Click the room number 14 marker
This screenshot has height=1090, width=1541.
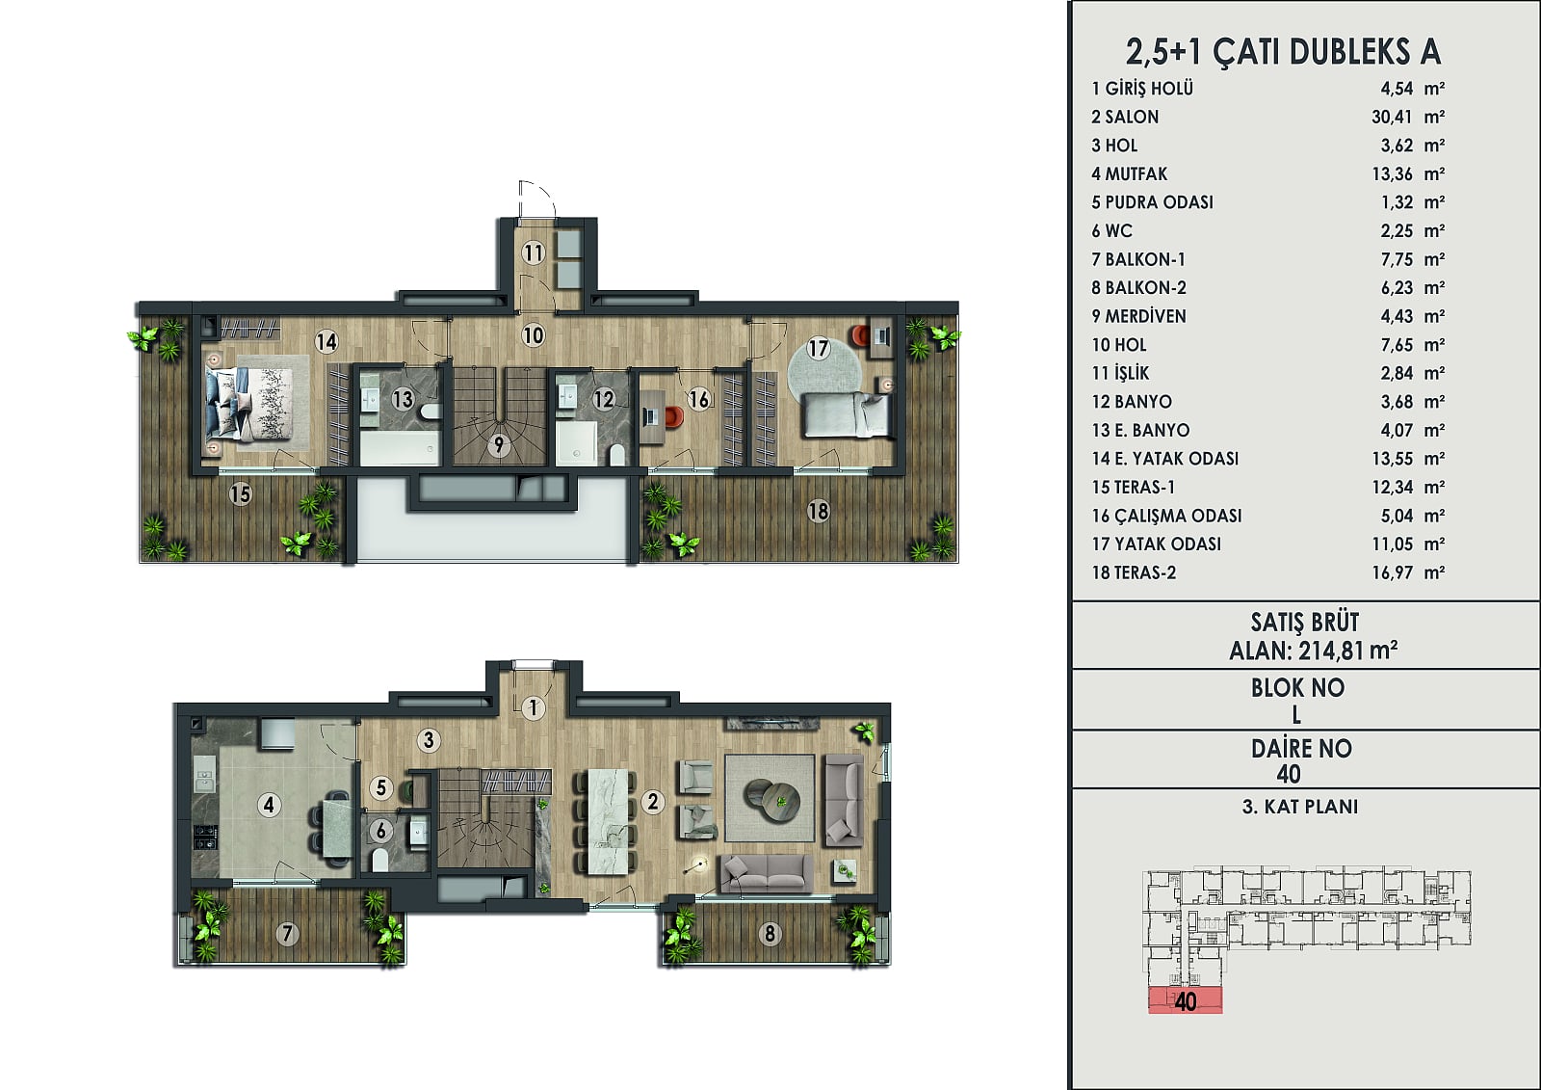tap(326, 341)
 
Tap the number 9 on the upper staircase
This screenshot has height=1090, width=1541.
tap(499, 445)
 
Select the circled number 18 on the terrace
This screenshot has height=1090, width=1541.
tap(818, 511)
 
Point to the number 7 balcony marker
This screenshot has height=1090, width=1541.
tap(288, 934)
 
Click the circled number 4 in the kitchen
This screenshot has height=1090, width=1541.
tap(269, 804)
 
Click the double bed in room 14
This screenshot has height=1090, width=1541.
tap(250, 403)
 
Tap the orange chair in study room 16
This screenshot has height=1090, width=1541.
tap(674, 416)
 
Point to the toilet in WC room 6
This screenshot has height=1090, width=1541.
tap(379, 860)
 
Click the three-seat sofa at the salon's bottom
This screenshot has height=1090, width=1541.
tap(766, 873)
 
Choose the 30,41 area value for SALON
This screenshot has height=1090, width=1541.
tap(1392, 117)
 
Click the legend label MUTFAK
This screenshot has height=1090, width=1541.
tap(1136, 173)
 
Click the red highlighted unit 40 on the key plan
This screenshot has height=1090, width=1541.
tap(1186, 1001)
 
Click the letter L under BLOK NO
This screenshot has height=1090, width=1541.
tap(1296, 715)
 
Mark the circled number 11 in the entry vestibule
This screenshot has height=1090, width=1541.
tap(534, 253)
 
